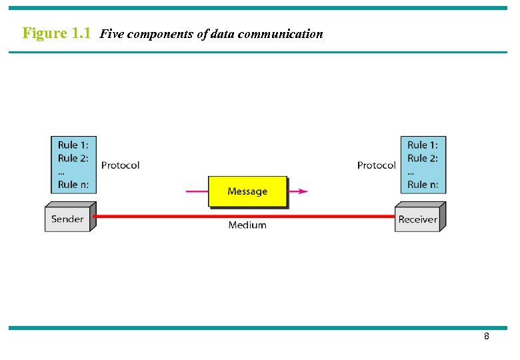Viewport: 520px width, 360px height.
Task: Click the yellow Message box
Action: tap(247, 191)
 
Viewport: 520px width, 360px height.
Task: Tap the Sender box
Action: tap(67, 219)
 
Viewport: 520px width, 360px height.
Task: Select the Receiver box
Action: tap(417, 219)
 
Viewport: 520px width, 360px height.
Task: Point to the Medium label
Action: tap(247, 225)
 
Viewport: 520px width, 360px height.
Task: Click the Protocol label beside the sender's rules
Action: tap(120, 165)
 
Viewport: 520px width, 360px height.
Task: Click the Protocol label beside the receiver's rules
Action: tap(376, 165)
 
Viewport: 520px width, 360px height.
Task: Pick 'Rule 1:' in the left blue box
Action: tap(73, 145)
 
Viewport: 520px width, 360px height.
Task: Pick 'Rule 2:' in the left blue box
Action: tap(73, 158)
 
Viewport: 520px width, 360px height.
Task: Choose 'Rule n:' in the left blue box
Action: tap(73, 185)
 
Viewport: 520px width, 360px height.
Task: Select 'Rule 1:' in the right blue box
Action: tap(423, 145)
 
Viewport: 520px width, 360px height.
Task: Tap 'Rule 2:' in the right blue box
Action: tap(423, 158)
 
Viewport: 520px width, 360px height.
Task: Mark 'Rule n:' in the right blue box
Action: tap(423, 185)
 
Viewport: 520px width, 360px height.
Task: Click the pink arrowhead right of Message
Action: tap(303, 191)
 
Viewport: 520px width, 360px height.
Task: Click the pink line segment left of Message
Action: tap(197, 191)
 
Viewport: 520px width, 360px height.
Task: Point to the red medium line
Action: tap(167, 216)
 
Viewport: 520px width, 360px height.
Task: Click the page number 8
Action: tap(487, 337)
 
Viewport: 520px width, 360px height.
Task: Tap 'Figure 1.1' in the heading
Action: tap(57, 33)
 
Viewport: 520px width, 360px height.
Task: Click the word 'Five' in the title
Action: tap(111, 34)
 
